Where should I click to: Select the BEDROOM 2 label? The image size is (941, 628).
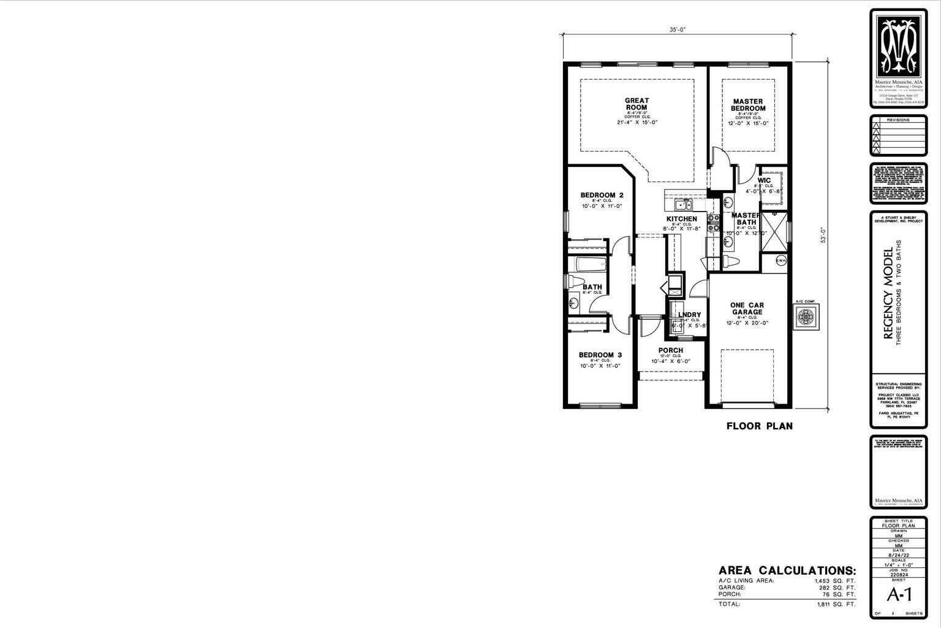coord(602,195)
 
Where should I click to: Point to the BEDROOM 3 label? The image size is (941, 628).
coord(600,354)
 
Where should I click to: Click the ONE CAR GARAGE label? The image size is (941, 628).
coord(747,308)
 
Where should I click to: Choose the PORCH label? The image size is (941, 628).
coord(670,351)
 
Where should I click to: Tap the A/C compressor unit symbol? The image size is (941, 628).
coord(805,317)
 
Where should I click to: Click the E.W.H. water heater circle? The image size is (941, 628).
coord(780,261)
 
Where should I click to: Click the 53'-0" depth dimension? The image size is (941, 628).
coord(824,235)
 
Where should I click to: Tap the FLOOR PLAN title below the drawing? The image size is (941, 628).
coord(759,426)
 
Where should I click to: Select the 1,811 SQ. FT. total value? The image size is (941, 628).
coord(836,604)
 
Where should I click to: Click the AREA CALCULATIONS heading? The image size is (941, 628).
coord(787,570)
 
